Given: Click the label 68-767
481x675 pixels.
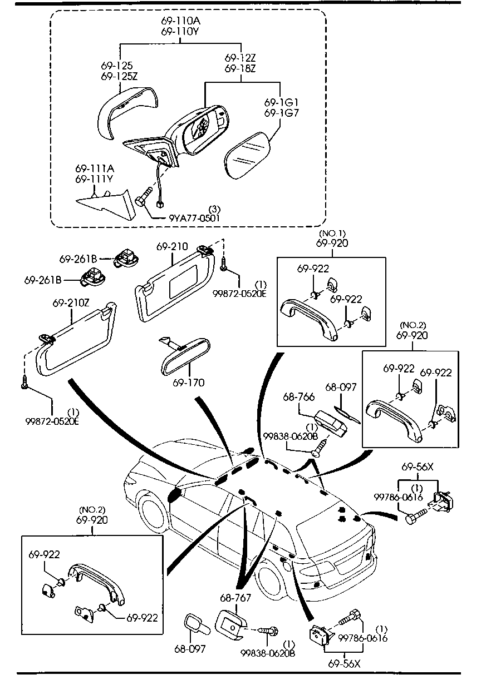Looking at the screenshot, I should coord(236,598).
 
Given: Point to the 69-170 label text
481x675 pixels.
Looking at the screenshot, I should coord(188,383).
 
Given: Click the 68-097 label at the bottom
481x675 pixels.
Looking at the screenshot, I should coord(190,649).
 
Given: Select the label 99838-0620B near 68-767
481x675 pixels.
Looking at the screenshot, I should coord(268,653).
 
